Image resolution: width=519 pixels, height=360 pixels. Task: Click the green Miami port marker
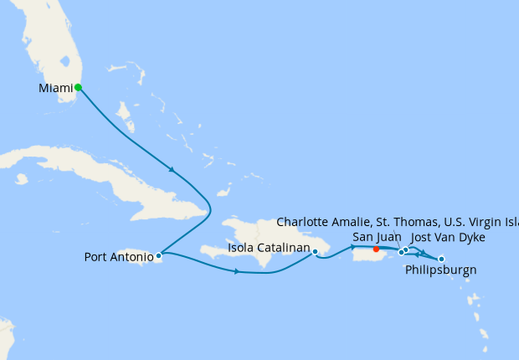tap(78, 87)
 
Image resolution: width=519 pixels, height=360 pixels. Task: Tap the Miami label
tap(55, 88)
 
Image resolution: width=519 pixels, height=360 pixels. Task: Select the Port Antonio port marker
tap(158, 256)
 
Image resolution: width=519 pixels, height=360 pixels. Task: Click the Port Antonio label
tap(119, 257)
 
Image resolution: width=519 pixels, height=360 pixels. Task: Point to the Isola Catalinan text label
tap(268, 247)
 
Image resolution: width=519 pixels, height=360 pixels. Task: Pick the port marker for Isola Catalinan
tap(315, 251)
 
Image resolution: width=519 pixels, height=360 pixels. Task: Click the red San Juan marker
tap(376, 249)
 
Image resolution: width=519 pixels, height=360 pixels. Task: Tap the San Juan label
tap(375, 237)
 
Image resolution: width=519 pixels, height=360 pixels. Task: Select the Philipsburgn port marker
tap(441, 259)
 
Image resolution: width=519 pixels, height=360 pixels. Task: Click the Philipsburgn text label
tap(441, 270)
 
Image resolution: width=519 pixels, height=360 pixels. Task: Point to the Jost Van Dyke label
tap(449, 238)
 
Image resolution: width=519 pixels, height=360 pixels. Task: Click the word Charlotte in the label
tap(306, 223)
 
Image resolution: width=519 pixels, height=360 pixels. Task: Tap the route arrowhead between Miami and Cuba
tap(172, 170)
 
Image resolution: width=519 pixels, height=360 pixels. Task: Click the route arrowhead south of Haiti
tap(238, 271)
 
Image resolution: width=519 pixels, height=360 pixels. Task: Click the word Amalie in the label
tap(361, 223)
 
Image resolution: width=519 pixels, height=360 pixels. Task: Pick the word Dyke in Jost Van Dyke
tap(470, 238)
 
